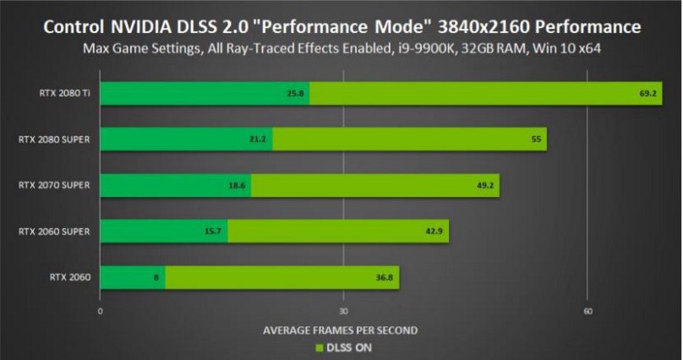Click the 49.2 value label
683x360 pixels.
tap(487, 185)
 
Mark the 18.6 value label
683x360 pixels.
tap(237, 185)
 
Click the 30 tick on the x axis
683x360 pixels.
tap(344, 312)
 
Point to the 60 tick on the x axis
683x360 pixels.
tap(587, 312)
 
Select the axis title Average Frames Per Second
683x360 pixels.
tap(341, 330)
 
